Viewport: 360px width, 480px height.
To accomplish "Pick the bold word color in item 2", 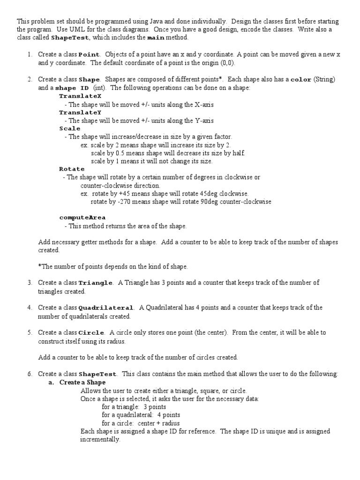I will coord(301,80).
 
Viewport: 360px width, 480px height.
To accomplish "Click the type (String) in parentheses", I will coord(324,80).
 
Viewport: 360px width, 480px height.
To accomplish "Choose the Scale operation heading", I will coord(70,128).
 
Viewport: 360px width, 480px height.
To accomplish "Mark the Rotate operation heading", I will coord(72,169).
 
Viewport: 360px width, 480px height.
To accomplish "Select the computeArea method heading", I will coord(82,217).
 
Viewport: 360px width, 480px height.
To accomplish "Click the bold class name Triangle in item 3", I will coord(96,283).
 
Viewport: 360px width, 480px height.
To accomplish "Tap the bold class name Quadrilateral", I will coord(106,308).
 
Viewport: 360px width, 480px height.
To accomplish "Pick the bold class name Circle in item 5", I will coord(91,333).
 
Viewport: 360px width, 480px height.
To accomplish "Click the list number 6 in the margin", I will coord(29,374).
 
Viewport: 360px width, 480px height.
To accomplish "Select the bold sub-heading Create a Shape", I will coord(82,382).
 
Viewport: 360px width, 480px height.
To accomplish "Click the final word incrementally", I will coord(100,440).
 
